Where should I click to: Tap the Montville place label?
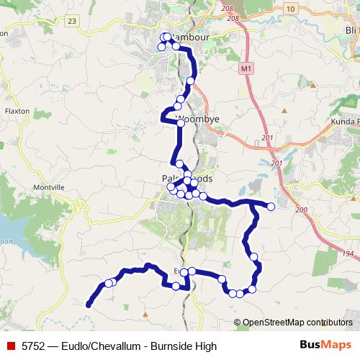coord(49,187)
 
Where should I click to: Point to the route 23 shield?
coord(71,22)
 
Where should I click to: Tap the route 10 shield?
coord(290,7)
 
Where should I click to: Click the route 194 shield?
coord(349,254)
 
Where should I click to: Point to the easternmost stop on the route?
coord(271,207)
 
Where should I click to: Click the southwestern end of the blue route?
coord(89,305)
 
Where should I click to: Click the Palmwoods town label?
coord(187,179)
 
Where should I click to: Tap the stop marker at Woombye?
coord(181,122)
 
